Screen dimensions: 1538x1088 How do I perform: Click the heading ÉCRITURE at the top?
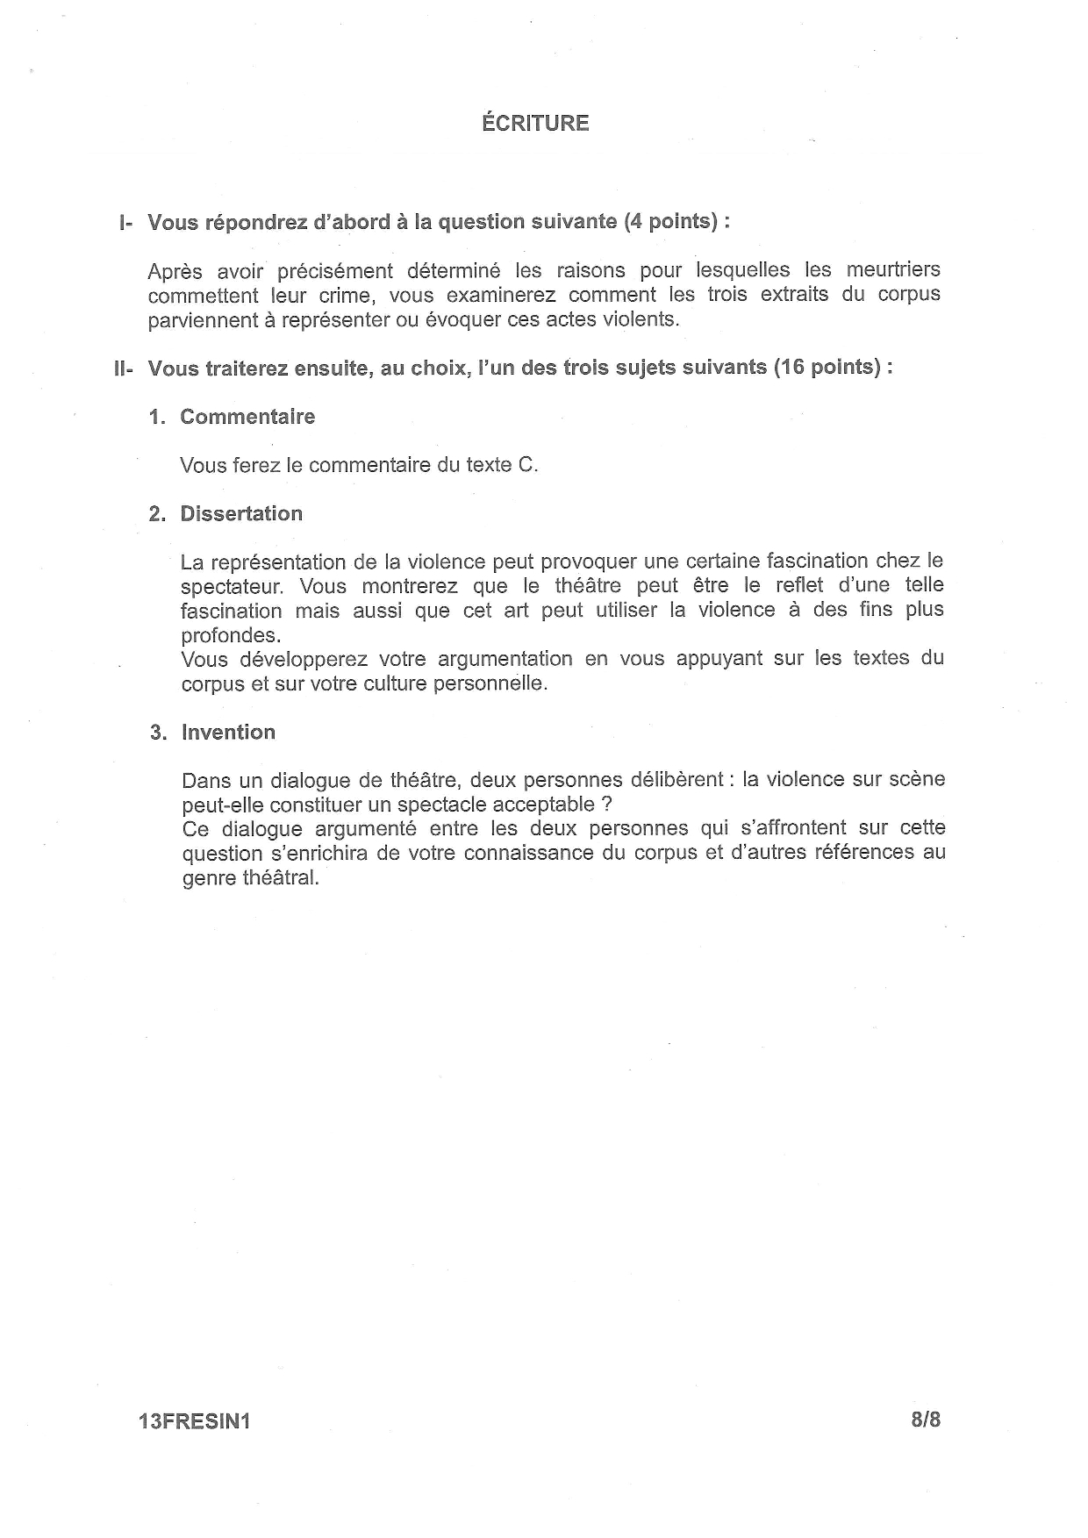tap(535, 123)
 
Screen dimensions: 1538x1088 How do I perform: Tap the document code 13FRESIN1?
tap(194, 1422)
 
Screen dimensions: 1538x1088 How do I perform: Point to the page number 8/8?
tap(926, 1420)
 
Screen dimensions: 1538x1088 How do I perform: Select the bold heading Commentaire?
tap(247, 417)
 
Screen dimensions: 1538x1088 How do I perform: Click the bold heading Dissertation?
tap(241, 514)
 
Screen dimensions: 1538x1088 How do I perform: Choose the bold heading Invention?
tap(228, 733)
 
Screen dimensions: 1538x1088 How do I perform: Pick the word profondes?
tap(231, 635)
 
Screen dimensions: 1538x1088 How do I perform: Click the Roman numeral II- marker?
tap(123, 368)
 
